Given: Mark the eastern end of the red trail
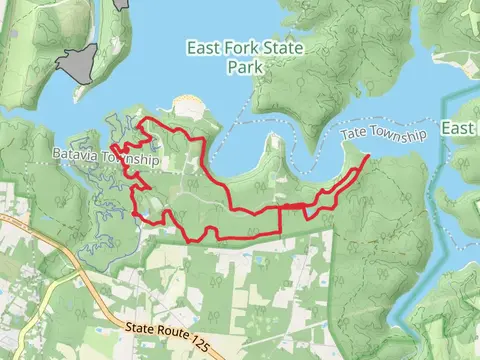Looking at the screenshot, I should tap(368, 157).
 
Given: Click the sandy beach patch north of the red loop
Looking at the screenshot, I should tap(186, 104).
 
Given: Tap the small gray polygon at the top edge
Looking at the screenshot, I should tap(123, 4).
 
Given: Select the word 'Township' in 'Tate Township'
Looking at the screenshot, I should tap(398, 134).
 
